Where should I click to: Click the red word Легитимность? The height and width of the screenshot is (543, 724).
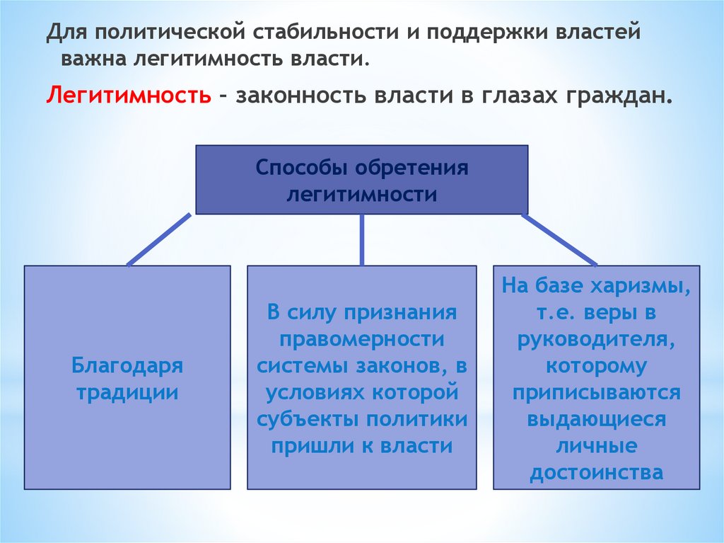(x=129, y=95)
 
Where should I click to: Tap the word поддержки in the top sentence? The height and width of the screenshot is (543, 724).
(x=477, y=33)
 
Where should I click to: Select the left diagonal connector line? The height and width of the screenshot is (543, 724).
(x=158, y=239)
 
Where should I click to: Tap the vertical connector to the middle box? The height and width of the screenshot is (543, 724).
(x=362, y=239)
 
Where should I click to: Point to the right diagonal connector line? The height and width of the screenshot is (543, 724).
(x=561, y=239)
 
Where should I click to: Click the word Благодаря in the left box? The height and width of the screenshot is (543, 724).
(x=127, y=366)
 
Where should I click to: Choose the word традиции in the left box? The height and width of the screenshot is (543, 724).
(x=127, y=392)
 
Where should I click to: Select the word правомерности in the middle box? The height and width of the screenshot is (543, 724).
(x=361, y=338)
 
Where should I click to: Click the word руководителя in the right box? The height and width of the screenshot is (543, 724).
(x=597, y=339)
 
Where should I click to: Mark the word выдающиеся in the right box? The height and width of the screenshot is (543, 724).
(x=597, y=418)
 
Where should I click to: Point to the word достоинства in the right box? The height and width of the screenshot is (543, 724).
(x=597, y=471)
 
